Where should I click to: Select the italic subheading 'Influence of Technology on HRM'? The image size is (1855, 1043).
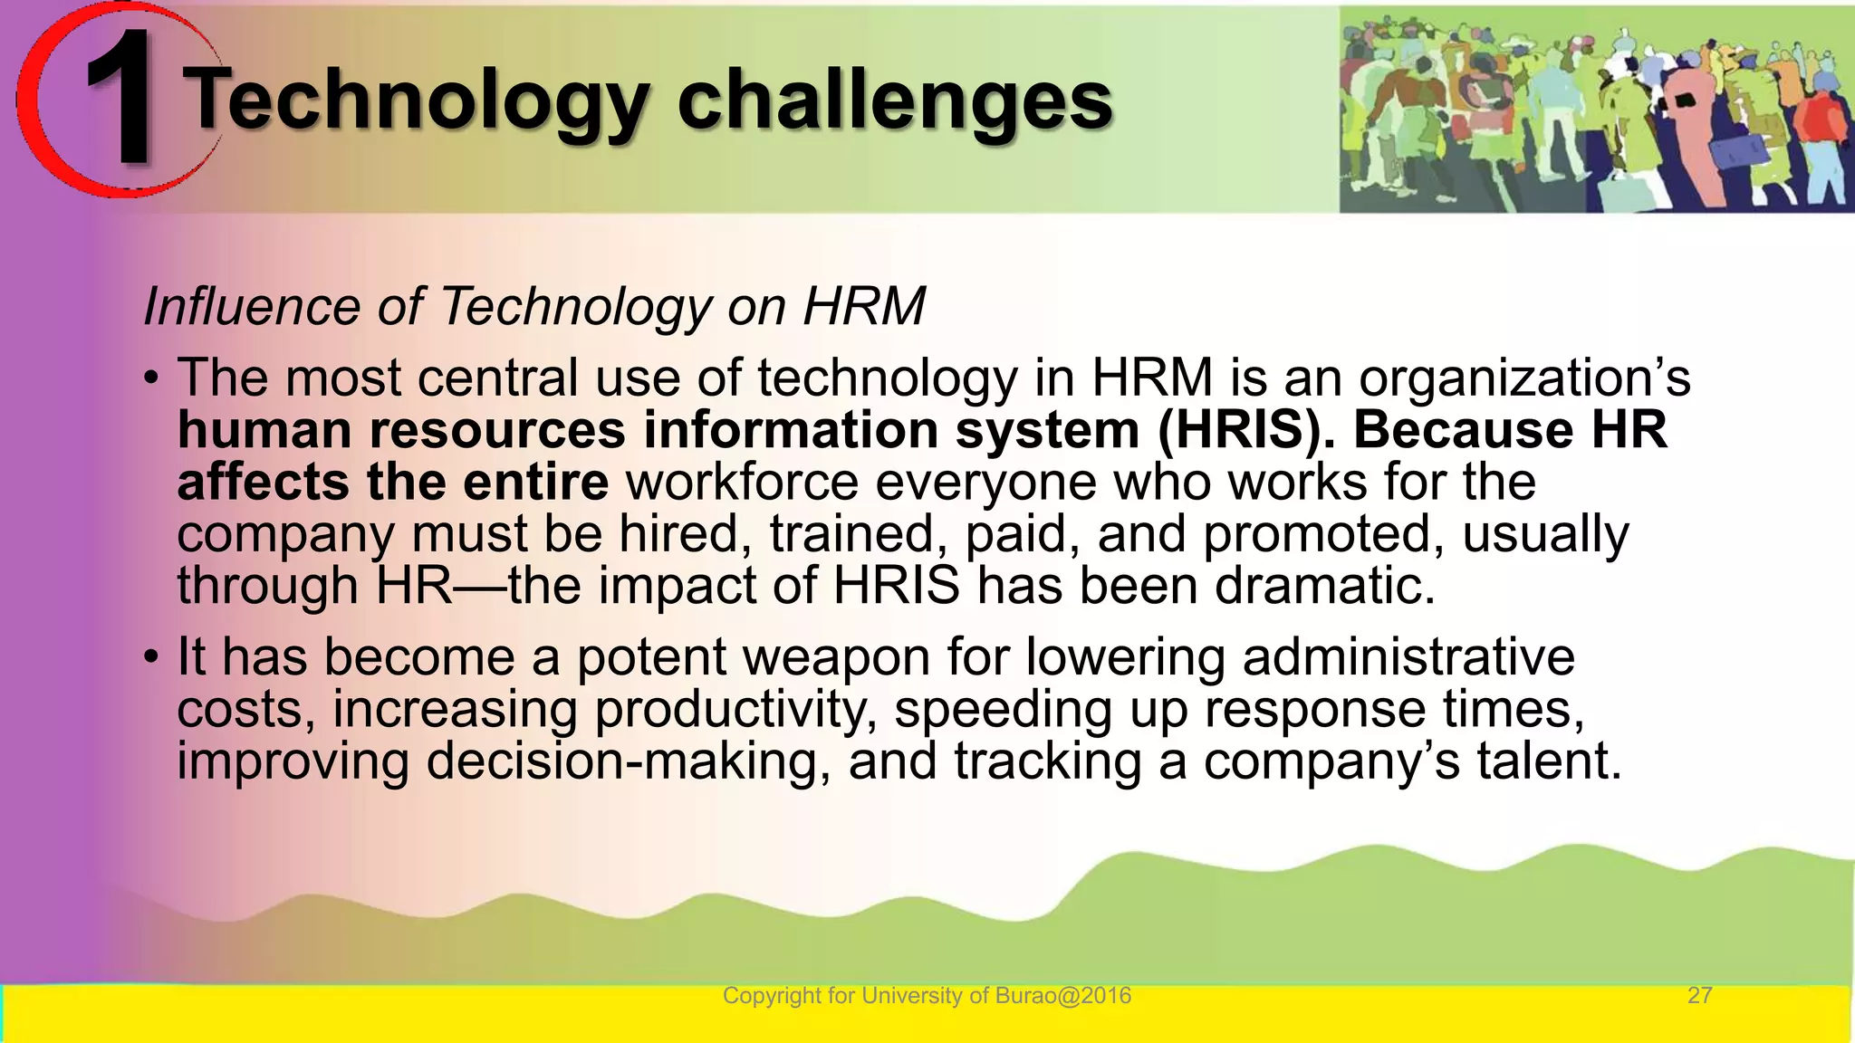534,306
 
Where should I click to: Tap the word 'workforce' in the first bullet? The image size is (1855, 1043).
742,482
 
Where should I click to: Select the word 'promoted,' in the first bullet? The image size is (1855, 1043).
1323,534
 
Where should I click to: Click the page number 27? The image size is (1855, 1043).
1699,996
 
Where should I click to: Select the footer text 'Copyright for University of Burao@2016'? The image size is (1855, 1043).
927,996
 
